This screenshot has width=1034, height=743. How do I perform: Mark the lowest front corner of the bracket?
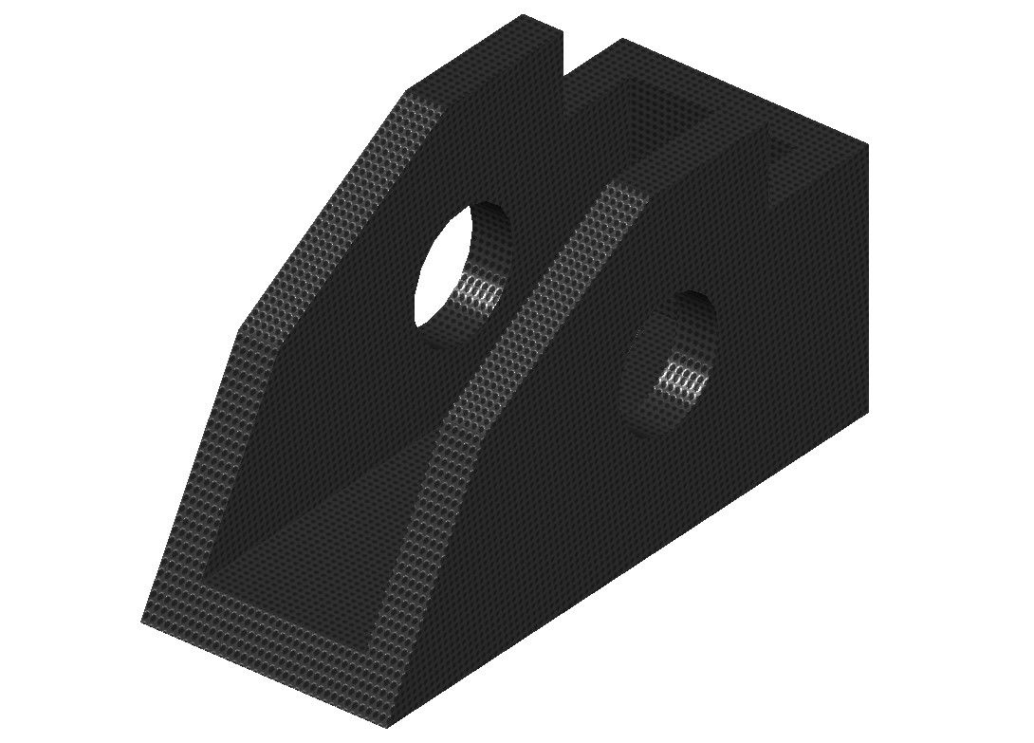click(x=387, y=727)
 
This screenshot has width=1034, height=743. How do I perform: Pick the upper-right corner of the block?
click(x=867, y=145)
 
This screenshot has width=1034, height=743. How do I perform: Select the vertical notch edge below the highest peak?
click(x=563, y=57)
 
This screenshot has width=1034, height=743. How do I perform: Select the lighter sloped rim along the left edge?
click(x=313, y=228)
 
